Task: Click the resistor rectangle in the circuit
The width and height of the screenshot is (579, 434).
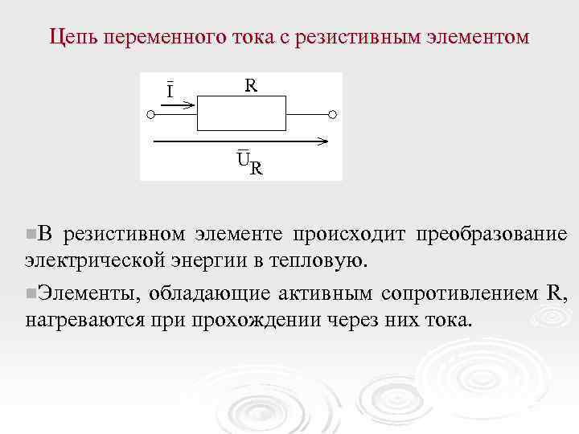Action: coord(241,113)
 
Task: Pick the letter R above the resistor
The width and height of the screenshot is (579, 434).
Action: coord(251,84)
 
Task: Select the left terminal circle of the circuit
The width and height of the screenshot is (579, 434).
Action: coord(150,114)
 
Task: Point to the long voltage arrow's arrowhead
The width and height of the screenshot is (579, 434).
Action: coord(322,141)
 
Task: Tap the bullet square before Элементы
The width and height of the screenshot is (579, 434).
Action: coord(30,293)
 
